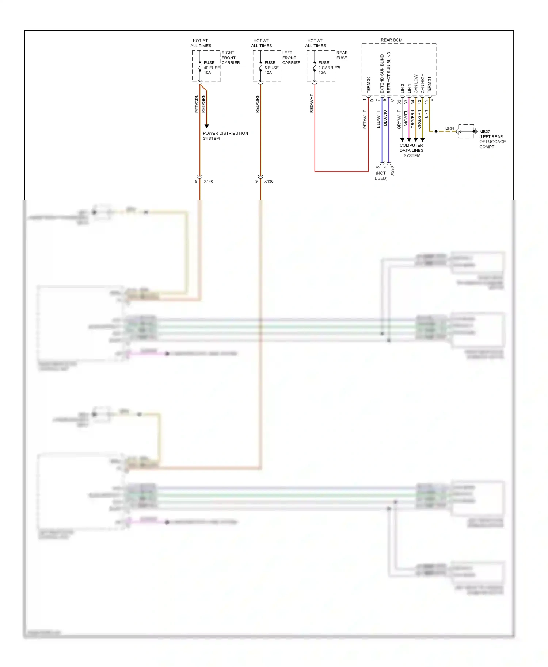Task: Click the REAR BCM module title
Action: click(x=391, y=40)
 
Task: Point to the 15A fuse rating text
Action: click(x=322, y=72)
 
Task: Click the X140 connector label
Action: click(x=208, y=181)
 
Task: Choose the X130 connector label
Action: click(x=269, y=181)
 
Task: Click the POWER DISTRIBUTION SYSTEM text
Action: click(x=225, y=136)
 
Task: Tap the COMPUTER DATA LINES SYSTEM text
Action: click(x=411, y=150)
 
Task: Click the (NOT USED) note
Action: click(x=381, y=176)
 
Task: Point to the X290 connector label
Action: click(x=392, y=171)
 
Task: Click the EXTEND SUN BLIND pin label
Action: click(x=382, y=73)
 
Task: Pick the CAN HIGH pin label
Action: click(x=423, y=83)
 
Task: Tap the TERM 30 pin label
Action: click(x=369, y=84)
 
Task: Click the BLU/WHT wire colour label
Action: click(x=378, y=119)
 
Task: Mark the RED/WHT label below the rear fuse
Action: click(x=312, y=103)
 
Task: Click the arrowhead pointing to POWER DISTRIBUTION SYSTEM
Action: click(x=206, y=126)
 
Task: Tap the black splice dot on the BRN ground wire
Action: click(x=436, y=131)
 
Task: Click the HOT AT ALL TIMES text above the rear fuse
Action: click(x=315, y=43)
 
